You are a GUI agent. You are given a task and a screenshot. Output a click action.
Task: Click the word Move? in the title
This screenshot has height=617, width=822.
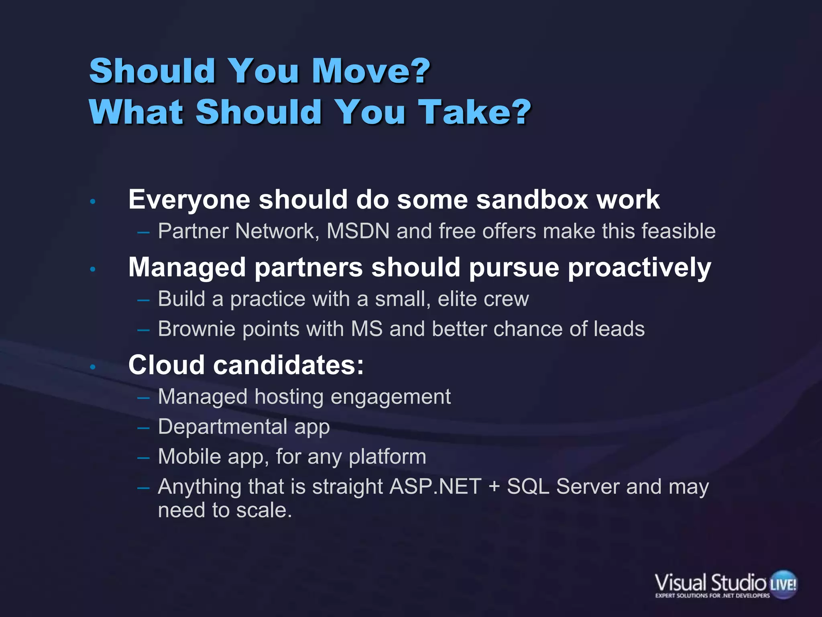[x=371, y=71]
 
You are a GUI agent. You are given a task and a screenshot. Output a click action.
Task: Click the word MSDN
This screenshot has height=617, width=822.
[x=358, y=231]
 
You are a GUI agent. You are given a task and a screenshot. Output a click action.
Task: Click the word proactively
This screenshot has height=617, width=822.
[x=639, y=268]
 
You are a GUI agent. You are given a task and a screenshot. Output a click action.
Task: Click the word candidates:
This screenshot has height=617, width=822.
[x=288, y=365]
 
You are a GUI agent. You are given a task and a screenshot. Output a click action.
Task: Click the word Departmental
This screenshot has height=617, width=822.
[x=222, y=427]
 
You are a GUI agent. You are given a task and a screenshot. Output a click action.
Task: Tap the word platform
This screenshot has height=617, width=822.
[x=387, y=457]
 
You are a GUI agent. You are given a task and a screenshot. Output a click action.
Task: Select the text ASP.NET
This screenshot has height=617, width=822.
[x=435, y=487]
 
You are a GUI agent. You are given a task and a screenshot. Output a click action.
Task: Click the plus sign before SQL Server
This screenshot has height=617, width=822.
[x=494, y=487]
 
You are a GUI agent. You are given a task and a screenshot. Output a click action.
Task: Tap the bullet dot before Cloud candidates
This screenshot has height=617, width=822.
[x=93, y=367]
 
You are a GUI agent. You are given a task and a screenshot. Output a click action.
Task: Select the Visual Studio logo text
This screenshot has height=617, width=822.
[x=710, y=583]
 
